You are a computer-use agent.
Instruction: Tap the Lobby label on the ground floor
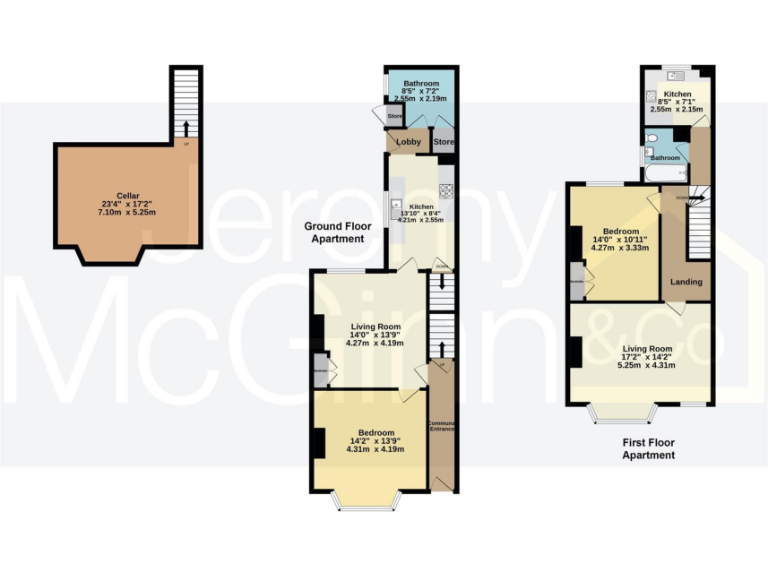(x=408, y=142)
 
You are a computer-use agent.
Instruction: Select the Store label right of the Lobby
(x=443, y=142)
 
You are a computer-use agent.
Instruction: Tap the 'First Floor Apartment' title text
(x=648, y=448)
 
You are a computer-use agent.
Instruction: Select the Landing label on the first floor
(x=687, y=282)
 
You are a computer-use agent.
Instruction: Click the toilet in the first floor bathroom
(x=652, y=140)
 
